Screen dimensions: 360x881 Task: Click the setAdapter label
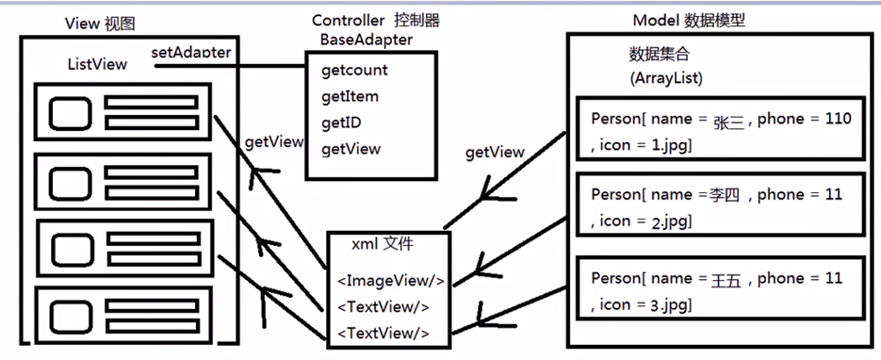tap(191, 52)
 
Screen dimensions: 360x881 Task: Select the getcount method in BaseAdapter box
tap(354, 70)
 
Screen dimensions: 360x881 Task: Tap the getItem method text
tap(350, 96)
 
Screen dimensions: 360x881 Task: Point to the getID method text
tap(342, 123)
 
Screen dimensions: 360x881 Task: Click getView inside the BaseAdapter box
tap(351, 149)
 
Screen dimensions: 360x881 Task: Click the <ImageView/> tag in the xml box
tap(390, 280)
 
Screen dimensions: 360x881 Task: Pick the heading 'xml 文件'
tap(383, 243)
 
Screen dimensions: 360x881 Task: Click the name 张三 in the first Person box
tap(728, 121)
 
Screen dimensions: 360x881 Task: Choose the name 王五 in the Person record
tap(724, 279)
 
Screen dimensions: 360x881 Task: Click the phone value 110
tap(836, 119)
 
